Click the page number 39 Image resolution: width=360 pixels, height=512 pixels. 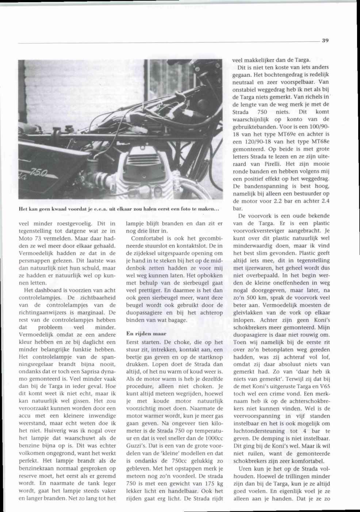[x=325, y=41]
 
